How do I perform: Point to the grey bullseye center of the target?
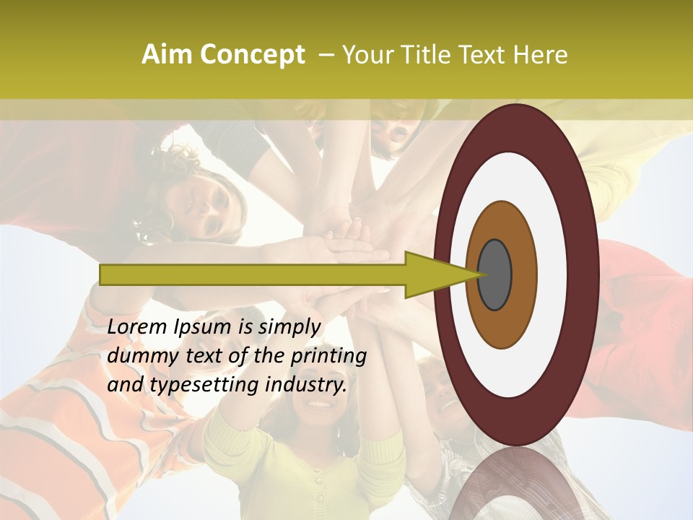coord(494,274)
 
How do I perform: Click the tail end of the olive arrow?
coord(105,274)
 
